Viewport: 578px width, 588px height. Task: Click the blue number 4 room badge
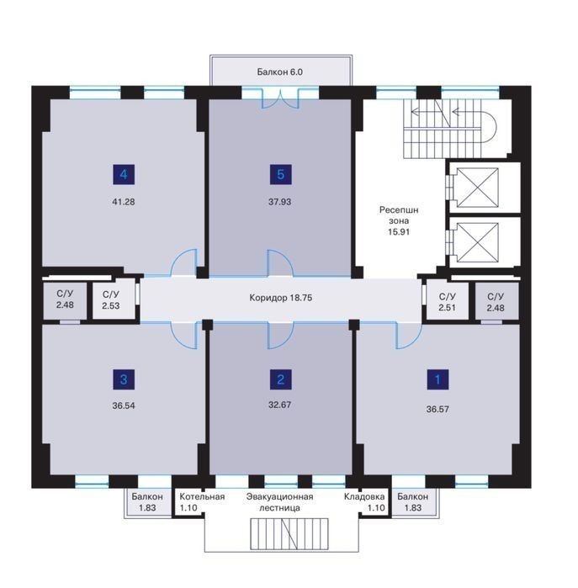point(124,174)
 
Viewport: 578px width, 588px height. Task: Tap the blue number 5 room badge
point(280,174)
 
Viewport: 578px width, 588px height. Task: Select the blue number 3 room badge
point(124,379)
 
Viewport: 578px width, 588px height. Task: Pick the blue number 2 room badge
point(280,379)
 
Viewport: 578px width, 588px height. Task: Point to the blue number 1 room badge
point(437,379)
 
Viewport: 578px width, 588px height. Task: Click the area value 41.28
point(124,202)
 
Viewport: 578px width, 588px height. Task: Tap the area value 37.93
point(280,202)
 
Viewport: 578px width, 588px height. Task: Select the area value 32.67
point(280,405)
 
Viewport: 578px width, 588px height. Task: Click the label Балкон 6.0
point(280,72)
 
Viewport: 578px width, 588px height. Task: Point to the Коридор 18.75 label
point(280,298)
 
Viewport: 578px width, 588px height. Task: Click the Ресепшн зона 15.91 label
point(399,220)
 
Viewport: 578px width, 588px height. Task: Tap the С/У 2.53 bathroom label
point(111,300)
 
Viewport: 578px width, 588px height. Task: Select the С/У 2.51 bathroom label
point(447,302)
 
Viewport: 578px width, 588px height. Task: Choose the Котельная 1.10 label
point(202,502)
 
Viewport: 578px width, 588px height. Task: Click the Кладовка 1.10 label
point(364,502)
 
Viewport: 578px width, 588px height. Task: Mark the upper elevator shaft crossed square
point(477,188)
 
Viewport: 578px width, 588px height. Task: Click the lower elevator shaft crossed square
point(477,242)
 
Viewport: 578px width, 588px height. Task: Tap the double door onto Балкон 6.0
point(280,98)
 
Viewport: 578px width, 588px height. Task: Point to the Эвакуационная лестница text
point(280,502)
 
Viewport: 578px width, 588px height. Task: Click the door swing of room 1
point(409,336)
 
